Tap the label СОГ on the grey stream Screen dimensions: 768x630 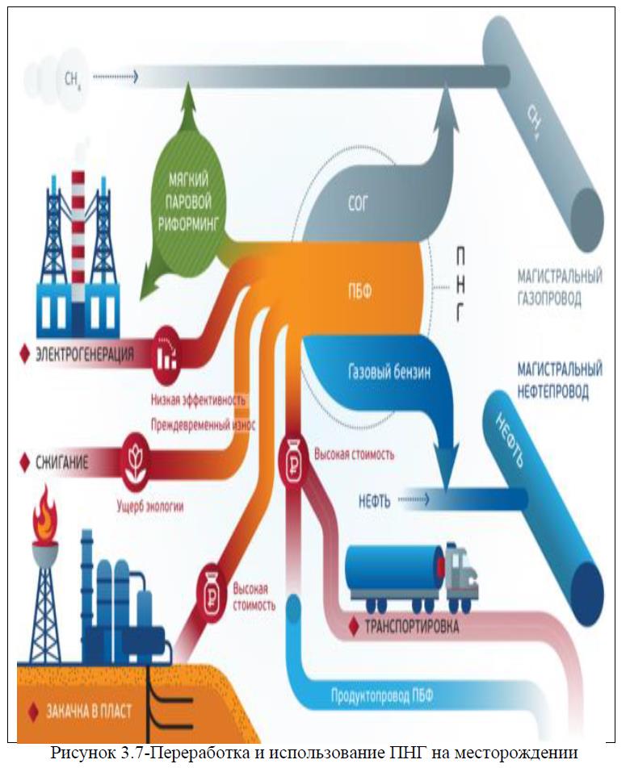click(356, 204)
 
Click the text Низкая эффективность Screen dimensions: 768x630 click(198, 399)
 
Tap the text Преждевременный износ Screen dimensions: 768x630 click(203, 424)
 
